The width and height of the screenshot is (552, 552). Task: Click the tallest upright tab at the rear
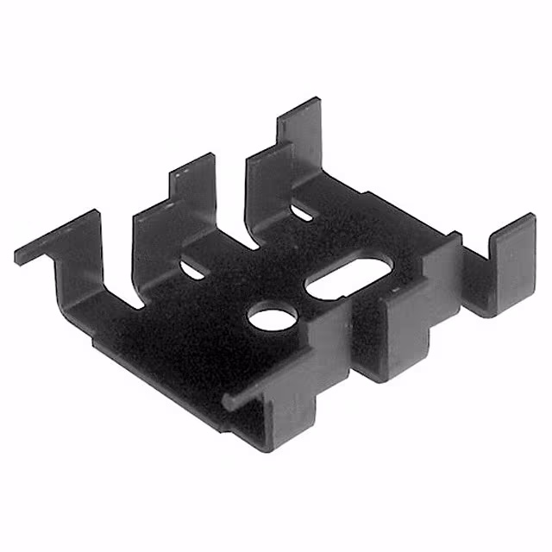(302, 129)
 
